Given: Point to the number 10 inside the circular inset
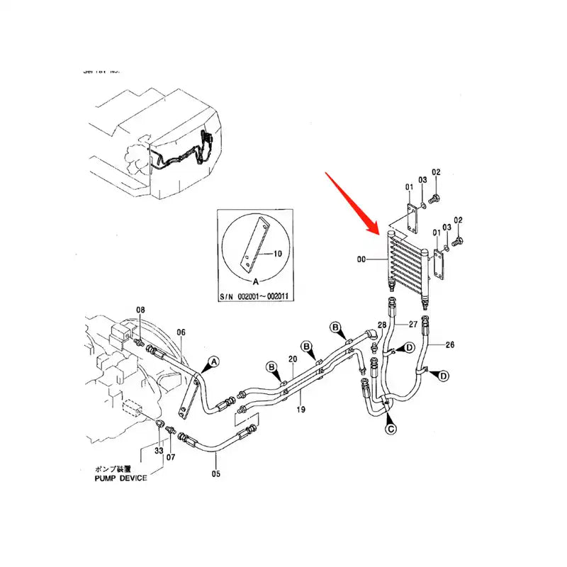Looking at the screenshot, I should (x=277, y=252).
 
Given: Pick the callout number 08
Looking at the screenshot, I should (x=140, y=310).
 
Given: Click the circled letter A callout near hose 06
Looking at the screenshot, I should (x=212, y=361).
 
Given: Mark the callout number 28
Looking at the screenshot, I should (x=381, y=324).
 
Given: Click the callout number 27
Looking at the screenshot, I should (x=415, y=324).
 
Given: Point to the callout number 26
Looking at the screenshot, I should (x=449, y=345).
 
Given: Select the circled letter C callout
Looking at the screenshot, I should (x=390, y=428).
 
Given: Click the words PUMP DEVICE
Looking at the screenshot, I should (x=120, y=478).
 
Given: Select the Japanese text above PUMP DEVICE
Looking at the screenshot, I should (x=116, y=469).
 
